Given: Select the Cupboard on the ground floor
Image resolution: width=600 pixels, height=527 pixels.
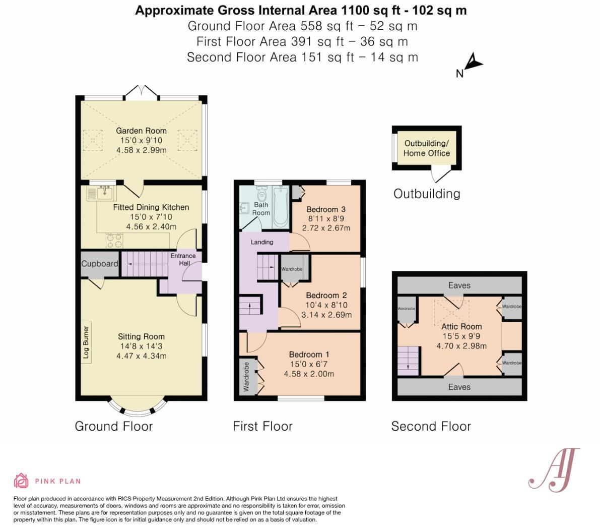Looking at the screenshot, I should point(100,264).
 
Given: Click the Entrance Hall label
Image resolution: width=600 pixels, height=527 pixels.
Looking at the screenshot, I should point(183,259).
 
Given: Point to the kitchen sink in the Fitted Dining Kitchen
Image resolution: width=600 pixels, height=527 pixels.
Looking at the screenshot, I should point(106,193).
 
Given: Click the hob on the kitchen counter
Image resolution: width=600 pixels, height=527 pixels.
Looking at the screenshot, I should point(114,241).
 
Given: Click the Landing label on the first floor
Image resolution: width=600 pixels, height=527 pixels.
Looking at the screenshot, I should point(262,242).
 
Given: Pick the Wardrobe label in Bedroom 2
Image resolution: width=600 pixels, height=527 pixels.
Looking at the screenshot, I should point(292,269).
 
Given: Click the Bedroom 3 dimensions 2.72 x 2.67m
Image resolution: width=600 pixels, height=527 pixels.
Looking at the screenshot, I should point(326,228).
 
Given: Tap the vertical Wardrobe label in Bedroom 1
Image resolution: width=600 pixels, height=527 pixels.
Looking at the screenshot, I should point(246,377).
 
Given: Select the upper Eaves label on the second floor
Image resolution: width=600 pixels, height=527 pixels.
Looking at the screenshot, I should point(459,285).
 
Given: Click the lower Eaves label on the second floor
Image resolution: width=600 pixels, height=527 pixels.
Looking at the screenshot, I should point(459,387).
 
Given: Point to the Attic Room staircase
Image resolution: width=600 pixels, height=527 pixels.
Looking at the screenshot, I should point(409,361).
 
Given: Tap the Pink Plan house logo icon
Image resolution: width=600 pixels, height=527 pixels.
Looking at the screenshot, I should point(21,481).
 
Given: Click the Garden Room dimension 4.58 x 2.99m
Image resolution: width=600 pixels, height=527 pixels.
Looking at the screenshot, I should point(141,150).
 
